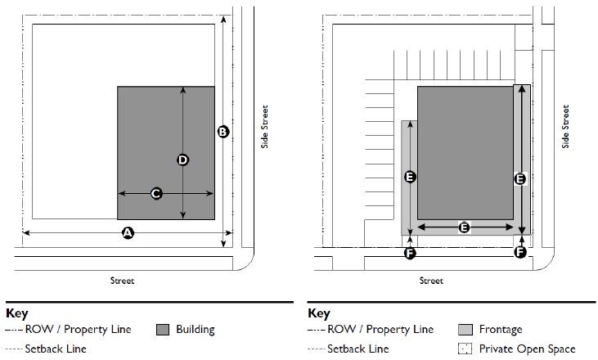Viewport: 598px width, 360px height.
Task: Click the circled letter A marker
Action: pos(127,233)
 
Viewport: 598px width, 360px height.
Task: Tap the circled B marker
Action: pos(223,131)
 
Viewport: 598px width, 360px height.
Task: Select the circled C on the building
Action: pos(156,193)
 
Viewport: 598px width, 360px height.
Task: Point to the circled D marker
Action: pos(182,160)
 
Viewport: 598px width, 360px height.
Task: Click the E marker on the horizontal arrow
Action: pos(464,227)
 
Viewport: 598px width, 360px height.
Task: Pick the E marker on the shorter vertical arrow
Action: pos(411,176)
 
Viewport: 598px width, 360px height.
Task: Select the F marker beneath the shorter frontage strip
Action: pos(411,253)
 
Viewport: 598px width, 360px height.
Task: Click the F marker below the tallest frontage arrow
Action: pos(519,253)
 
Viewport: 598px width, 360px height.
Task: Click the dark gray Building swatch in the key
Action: pos(162,330)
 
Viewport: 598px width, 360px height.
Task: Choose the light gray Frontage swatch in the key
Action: pos(465,330)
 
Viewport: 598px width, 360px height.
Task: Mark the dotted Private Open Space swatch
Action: pos(465,349)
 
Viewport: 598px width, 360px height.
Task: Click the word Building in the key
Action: pos(196,330)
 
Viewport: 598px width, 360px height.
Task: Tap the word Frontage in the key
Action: pos(501,330)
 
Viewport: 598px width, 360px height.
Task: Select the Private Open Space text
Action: pos(528,349)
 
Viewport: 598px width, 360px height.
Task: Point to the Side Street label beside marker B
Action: pos(264,126)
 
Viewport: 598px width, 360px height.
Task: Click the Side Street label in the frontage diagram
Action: pos(565,126)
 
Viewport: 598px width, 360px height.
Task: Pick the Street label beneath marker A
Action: pos(122,281)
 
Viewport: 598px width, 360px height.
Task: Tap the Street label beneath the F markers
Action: pos(430,281)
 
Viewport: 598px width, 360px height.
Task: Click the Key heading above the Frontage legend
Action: pos(318,313)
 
